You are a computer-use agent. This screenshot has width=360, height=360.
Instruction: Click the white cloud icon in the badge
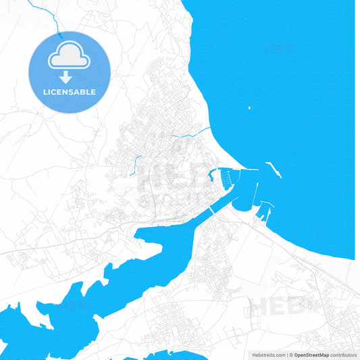tap(68, 58)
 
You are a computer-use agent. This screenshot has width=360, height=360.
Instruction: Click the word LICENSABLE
tap(69, 92)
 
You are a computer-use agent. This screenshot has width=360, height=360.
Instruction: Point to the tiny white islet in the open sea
tap(249, 107)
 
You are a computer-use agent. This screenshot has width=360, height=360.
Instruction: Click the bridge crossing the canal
tap(213, 211)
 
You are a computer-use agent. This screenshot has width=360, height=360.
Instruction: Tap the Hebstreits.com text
tap(269, 354)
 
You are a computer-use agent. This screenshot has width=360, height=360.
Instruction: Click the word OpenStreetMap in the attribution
tap(311, 354)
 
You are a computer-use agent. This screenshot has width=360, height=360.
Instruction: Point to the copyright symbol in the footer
tap(292, 354)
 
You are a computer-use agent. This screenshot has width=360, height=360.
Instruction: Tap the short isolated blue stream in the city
tap(137, 163)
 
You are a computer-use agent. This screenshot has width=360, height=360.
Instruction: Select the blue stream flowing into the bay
tap(192, 132)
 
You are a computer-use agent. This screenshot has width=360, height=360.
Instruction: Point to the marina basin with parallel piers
tap(233, 178)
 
